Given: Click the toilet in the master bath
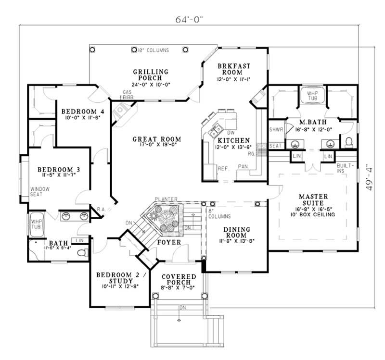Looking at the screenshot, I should coord(349,142).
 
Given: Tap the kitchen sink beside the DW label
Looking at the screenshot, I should coord(215,128).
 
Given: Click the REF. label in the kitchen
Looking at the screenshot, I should coord(223,169).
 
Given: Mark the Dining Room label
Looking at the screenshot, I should coord(235,233).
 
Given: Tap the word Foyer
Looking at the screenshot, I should coord(169,243).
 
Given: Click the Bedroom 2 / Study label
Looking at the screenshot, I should coord(118,277).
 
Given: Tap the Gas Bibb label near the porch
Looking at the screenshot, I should coord(128,94).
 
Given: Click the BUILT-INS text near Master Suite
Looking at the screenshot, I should coord(348,168).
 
